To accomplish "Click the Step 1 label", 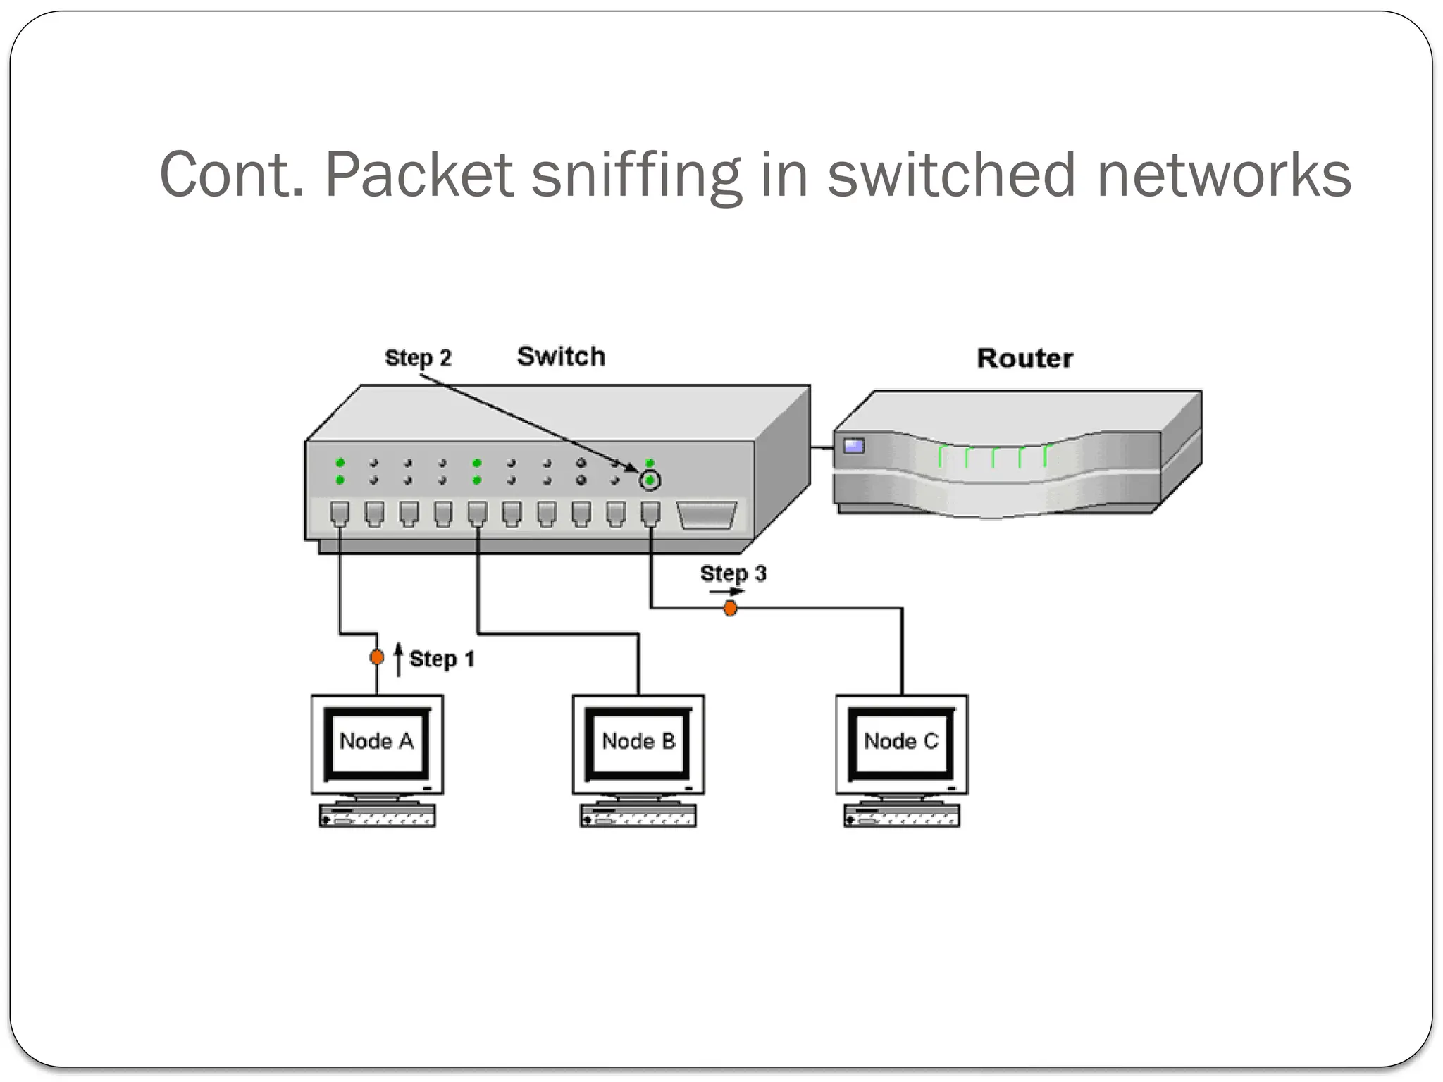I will tap(442, 659).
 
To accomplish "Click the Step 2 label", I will tap(418, 358).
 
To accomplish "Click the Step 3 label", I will tap(733, 573).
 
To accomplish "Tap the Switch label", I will tap(561, 356).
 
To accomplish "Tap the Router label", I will tap(1024, 359).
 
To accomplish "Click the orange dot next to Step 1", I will tap(377, 657).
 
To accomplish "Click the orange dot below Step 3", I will tap(730, 608).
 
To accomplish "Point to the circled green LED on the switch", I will tap(650, 481).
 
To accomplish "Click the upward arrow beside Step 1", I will tap(399, 659).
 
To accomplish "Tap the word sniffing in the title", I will tap(636, 175).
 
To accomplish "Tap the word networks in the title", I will tap(1224, 175).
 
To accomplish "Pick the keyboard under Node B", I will tap(638, 816).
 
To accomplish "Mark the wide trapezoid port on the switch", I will tap(706, 514).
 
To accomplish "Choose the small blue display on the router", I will tap(854, 445).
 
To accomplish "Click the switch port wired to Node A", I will tap(340, 514).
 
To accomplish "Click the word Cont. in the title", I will tap(230, 175).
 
